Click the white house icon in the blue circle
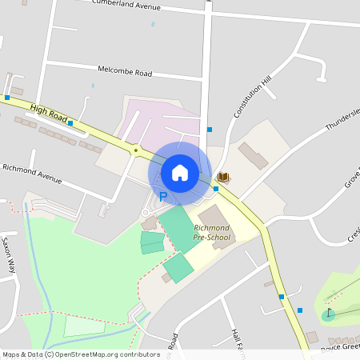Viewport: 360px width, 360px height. [x=180, y=172]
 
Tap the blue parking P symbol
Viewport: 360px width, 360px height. [x=163, y=197]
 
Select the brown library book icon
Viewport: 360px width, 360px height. [x=224, y=177]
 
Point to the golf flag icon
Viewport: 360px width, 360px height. [x=328, y=311]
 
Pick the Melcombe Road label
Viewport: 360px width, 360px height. [x=125, y=73]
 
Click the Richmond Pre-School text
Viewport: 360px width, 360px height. [x=206, y=233]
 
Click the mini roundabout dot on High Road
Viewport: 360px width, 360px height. [x=137, y=150]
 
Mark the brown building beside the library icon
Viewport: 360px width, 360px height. [x=254, y=154]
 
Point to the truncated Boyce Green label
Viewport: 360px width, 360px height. [x=340, y=346]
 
